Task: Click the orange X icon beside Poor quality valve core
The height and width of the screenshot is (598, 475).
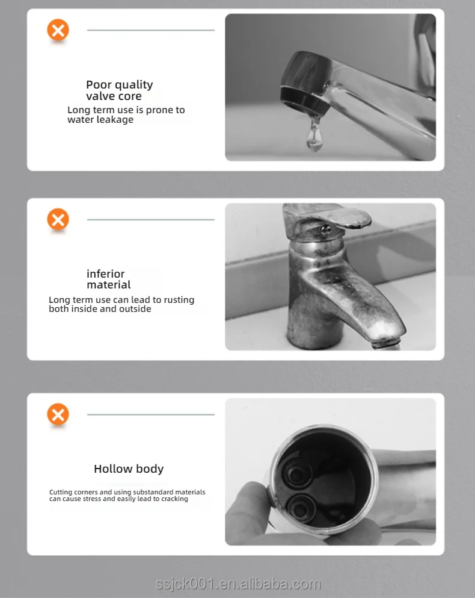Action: [58, 30]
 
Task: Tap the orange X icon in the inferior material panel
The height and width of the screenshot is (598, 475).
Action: [58, 219]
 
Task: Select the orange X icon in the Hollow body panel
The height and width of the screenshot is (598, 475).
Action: [58, 414]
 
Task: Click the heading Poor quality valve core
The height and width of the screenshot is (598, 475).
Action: [119, 90]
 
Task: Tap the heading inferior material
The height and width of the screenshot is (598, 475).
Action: [109, 279]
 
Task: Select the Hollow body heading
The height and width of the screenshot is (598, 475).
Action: [129, 469]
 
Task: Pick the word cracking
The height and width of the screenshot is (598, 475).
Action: [174, 499]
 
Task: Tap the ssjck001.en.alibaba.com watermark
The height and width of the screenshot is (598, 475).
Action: [237, 584]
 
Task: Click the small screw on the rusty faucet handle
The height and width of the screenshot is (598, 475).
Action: [326, 229]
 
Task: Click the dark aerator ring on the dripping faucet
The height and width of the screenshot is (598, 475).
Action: [305, 101]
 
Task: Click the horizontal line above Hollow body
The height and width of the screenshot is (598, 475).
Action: [151, 414]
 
